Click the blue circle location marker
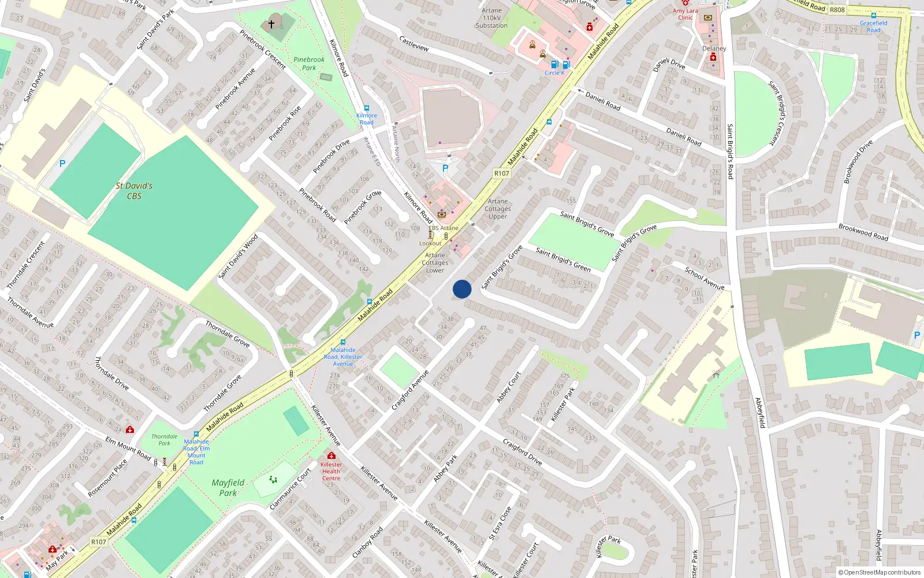462,289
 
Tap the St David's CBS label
134,191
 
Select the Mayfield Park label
228,487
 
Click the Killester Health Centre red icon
331,455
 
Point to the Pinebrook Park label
309,64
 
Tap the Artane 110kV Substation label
492,18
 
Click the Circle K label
554,73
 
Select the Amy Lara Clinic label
685,14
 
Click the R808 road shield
837,10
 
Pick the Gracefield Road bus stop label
874,27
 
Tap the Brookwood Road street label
863,232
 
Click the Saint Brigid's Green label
563,260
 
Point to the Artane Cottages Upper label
498,209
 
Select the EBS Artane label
444,228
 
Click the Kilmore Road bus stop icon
366,108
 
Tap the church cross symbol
271,24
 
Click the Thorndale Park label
165,440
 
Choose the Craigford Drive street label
522,452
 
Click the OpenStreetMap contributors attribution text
879,572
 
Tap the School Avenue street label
704,278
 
